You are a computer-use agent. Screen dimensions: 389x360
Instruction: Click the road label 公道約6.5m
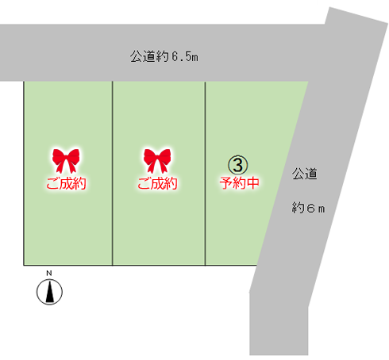(x=164, y=56)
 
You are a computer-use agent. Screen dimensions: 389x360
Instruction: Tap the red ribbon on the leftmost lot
(x=66, y=160)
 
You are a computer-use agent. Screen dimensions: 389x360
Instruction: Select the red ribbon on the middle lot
(x=157, y=160)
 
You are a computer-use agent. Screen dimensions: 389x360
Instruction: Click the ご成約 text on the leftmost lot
(x=66, y=183)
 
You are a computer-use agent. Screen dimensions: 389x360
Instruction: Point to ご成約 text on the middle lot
(x=157, y=183)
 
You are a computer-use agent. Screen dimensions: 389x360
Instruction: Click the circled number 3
(x=238, y=165)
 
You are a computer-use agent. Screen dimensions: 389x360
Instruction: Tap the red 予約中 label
(x=239, y=183)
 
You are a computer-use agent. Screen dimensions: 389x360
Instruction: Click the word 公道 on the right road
(x=305, y=174)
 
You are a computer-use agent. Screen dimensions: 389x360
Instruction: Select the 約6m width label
(x=308, y=208)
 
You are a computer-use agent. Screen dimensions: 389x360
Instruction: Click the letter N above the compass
(x=49, y=274)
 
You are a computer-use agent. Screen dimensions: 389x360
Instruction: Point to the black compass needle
(x=49, y=292)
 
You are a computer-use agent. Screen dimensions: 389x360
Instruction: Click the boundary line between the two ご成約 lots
(x=113, y=173)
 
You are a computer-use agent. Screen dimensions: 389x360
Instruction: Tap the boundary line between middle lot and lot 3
(x=205, y=173)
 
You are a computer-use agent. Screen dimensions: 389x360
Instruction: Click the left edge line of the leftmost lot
(x=24, y=173)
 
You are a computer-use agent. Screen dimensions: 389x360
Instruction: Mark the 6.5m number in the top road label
(x=185, y=56)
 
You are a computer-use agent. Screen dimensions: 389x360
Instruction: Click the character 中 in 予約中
(x=252, y=183)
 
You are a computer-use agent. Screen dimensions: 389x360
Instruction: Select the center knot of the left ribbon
(x=66, y=156)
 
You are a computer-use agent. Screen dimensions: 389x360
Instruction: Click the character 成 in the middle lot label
(x=157, y=183)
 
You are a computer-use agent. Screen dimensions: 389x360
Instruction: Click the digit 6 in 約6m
(x=310, y=209)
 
